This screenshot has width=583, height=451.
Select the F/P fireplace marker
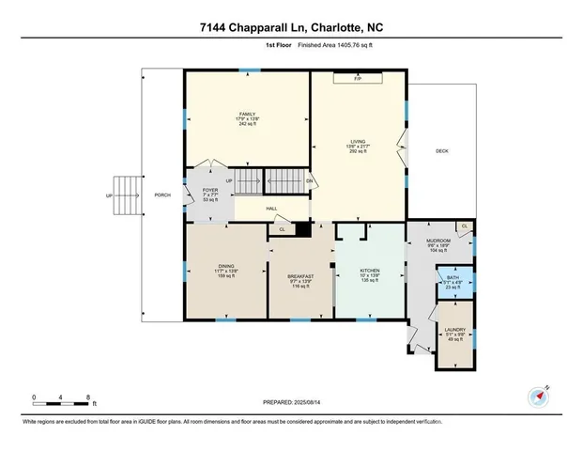click(x=358, y=79)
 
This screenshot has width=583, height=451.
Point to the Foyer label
click(x=210, y=194)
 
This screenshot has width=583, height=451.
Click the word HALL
click(x=270, y=209)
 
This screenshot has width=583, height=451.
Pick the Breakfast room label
click(x=300, y=277)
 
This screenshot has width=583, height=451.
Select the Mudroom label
click(x=439, y=245)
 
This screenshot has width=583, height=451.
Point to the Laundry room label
click(x=454, y=334)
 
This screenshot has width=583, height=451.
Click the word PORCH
click(x=162, y=196)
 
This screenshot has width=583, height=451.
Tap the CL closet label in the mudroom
click(x=464, y=226)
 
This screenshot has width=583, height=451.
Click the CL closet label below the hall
click(x=282, y=228)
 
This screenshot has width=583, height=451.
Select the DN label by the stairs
click(x=309, y=181)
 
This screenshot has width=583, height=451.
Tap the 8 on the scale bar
click(x=87, y=397)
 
